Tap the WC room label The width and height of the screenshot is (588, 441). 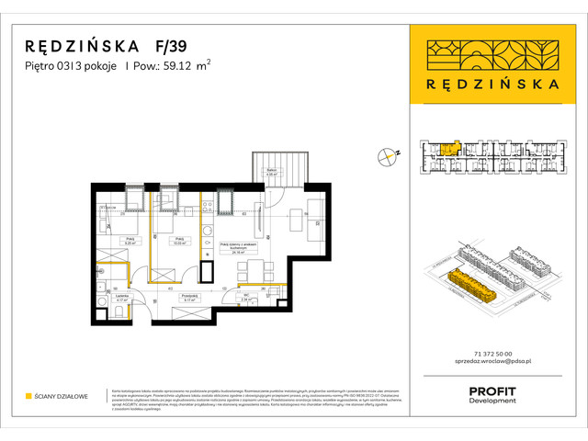click(x=246, y=297)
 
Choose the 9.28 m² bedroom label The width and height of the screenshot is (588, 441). click(x=130, y=242)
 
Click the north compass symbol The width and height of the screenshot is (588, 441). click(x=387, y=157)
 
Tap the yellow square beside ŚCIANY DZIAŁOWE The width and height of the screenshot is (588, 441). click(x=28, y=396)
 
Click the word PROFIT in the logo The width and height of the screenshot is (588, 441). click(x=492, y=390)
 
